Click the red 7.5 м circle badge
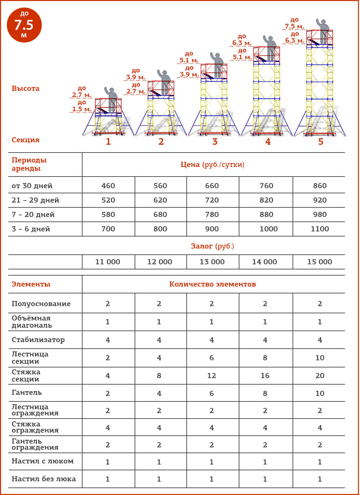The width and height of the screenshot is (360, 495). point(24,25)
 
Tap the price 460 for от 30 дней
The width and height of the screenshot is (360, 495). point(108,186)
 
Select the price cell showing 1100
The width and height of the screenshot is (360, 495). point(320,229)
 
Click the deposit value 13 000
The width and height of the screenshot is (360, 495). point(212,262)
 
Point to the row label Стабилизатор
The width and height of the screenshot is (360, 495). point(38,340)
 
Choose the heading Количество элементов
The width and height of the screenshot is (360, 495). point(212,284)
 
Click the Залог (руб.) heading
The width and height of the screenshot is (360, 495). point(212,246)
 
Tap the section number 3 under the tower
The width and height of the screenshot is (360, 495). point(215,142)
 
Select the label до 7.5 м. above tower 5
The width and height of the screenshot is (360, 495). point(295,23)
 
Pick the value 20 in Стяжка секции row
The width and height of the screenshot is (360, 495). point(320,376)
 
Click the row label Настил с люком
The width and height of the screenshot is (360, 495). point(42,461)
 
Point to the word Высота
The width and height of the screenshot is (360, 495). point(25,88)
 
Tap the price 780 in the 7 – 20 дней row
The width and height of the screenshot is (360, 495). point(212,215)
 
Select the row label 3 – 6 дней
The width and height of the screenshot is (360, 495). point(31,229)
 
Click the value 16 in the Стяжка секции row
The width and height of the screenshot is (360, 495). point(265,376)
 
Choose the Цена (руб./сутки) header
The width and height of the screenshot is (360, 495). point(212,165)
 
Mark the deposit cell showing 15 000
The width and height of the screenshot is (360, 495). point(320,262)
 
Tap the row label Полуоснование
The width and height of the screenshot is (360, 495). point(41,304)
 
